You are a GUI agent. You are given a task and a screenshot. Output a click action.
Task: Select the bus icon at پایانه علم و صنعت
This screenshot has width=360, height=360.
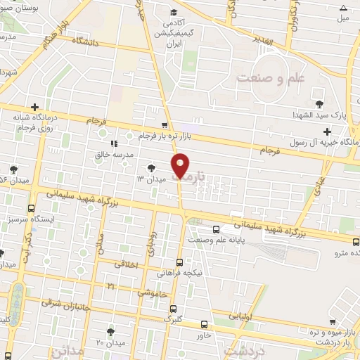[216, 229]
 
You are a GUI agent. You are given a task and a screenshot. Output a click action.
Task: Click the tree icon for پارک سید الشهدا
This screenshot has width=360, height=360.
[320, 103]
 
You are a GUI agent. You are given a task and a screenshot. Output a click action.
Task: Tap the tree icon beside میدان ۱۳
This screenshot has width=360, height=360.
[151, 167]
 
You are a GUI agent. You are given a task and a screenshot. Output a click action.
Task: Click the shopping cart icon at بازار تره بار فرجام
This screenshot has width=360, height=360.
[165, 125]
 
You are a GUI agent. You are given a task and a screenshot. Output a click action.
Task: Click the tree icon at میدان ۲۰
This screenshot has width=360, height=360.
[110, 330]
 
